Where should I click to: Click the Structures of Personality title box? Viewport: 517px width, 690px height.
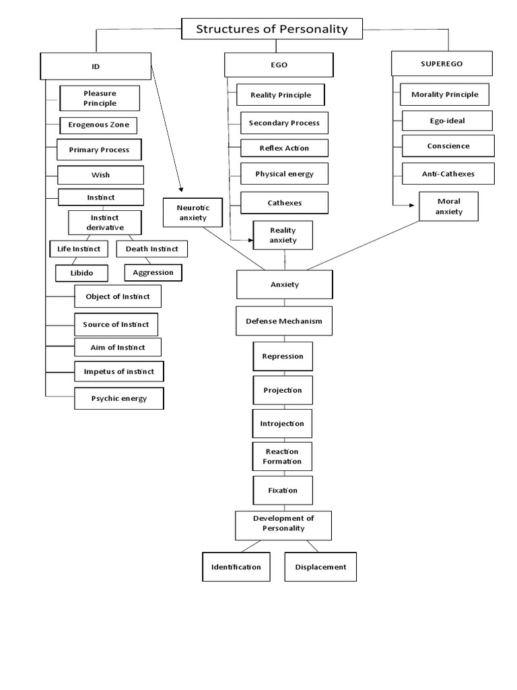tap(272, 29)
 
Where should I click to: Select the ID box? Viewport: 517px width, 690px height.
tap(95, 67)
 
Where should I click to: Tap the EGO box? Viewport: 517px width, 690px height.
tap(279, 65)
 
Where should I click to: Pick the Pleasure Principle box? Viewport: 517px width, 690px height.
tap(100, 98)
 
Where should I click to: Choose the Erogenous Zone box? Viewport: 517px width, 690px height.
tap(98, 125)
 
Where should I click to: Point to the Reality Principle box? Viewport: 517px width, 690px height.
tap(280, 95)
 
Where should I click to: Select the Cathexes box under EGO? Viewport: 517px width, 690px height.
tap(284, 203)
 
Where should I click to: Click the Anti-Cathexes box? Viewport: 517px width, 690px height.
tap(448, 173)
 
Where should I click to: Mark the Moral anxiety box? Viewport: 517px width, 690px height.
tap(449, 207)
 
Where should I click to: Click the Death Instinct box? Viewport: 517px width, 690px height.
tap(151, 249)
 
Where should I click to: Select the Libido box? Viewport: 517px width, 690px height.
tap(82, 273)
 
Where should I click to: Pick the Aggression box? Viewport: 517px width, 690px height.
tap(153, 272)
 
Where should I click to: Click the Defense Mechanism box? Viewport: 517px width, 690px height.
tap(283, 321)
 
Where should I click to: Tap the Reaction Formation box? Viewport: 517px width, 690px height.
tap(282, 456)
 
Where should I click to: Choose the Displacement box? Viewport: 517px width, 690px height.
tap(320, 567)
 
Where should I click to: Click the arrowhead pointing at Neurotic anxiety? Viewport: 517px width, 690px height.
tap(181, 190)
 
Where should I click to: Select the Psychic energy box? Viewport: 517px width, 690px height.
tap(118, 398)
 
